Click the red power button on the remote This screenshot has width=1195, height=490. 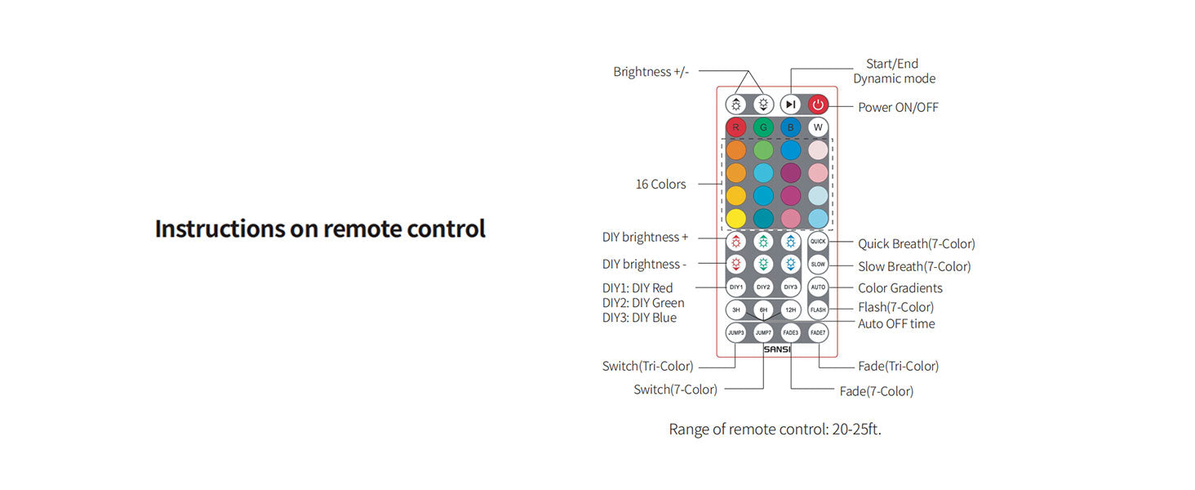click(x=818, y=105)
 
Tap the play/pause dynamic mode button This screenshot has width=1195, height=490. click(x=790, y=105)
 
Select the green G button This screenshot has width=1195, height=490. click(x=763, y=127)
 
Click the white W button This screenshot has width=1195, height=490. click(x=818, y=127)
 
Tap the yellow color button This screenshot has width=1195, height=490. click(x=736, y=219)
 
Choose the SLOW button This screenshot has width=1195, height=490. click(x=818, y=265)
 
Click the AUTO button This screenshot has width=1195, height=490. click(x=818, y=287)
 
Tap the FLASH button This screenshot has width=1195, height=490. click(x=818, y=310)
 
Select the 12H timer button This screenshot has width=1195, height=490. click(x=790, y=310)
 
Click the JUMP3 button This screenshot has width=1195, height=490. click(x=736, y=332)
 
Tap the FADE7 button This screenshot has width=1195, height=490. click(x=818, y=332)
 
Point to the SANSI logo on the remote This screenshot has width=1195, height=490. click(x=777, y=350)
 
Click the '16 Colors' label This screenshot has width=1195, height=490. click(x=660, y=185)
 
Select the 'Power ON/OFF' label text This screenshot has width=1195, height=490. click(x=898, y=107)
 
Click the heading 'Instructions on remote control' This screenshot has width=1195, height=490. click(x=320, y=229)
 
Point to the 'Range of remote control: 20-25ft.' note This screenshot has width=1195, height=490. click(x=775, y=429)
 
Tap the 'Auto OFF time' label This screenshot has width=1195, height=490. click(x=896, y=323)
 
